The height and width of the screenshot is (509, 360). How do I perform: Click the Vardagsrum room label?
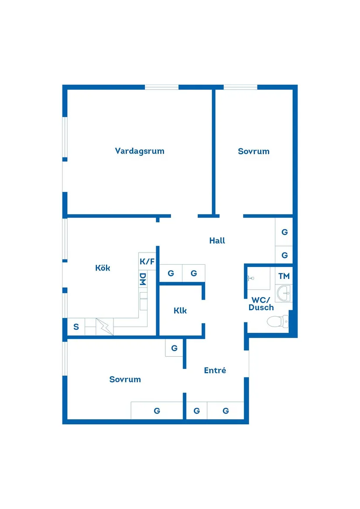140,151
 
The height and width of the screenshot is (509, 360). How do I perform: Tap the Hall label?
217,240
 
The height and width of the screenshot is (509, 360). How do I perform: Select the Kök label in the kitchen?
103,268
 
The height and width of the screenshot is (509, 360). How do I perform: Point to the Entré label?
215,370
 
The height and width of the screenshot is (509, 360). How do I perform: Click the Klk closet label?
180,311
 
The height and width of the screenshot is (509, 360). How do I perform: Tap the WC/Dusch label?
261,304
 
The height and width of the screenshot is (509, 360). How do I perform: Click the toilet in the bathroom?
279,322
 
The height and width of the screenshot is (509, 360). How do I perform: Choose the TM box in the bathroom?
284,276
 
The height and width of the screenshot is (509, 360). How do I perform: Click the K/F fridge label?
147,262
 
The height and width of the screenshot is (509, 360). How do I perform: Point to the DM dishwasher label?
143,279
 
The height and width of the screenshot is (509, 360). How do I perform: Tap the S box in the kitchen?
76,327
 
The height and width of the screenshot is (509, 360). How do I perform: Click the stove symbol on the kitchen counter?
104,327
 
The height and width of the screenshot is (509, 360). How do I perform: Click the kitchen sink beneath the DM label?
143,301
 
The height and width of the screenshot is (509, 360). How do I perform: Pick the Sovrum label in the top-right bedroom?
254,151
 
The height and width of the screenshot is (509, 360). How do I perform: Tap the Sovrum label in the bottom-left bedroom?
125,379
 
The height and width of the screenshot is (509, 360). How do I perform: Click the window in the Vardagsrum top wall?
161,87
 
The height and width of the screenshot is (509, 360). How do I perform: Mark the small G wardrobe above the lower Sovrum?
174,348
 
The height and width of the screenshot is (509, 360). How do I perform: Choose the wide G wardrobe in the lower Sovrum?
157,410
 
